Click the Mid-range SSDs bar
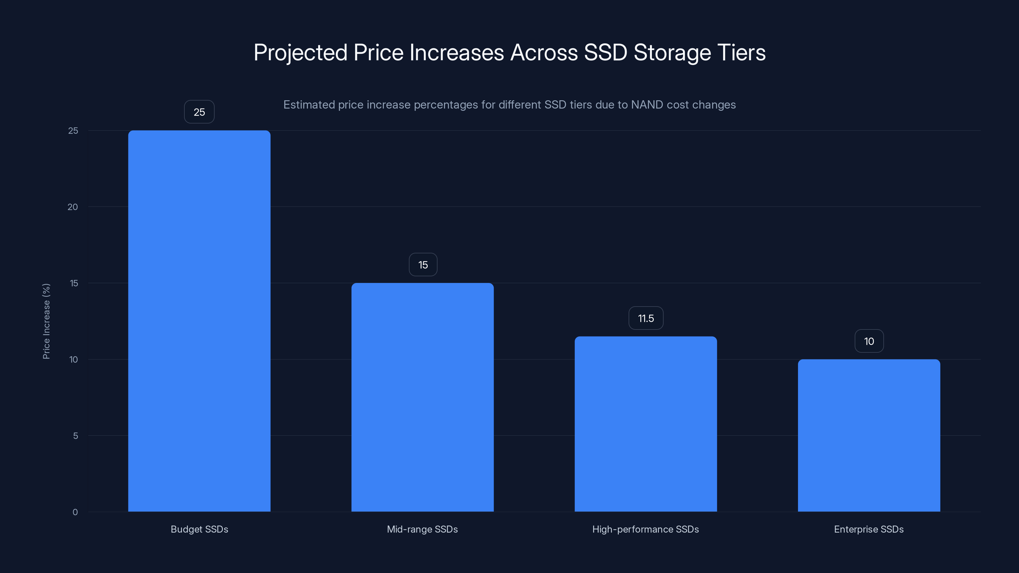coord(423,397)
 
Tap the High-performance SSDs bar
coord(645,424)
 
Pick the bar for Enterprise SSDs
coord(869,435)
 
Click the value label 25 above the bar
coord(199,112)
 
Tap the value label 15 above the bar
coord(423,265)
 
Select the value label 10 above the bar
coord(869,341)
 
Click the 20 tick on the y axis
coord(73,207)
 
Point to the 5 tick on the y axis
coord(75,436)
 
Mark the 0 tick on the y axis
coord(75,512)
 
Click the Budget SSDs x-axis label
coord(199,529)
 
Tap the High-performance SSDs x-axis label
coord(645,529)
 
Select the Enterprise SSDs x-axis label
coord(869,529)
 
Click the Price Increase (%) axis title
coord(46,321)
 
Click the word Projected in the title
coord(301,53)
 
